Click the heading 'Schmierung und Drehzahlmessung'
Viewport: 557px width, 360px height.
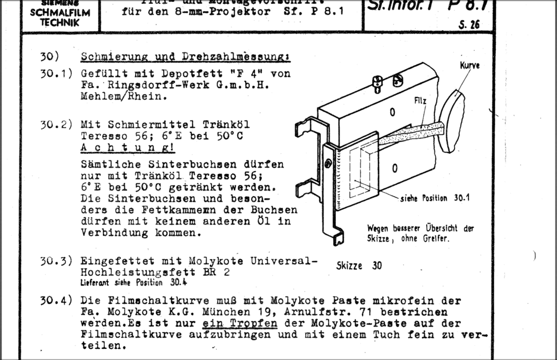coord(185,57)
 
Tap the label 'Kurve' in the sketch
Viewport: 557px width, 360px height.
coord(470,66)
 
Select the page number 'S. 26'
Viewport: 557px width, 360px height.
coord(468,25)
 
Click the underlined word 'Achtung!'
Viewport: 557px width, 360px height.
coord(127,148)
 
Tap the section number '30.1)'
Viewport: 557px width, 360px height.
coord(56,74)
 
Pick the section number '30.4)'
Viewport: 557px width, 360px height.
coord(56,300)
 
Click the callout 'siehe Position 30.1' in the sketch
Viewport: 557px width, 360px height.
coord(435,198)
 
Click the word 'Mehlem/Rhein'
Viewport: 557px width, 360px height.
coord(120,96)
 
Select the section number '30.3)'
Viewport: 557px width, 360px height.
coord(56,260)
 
